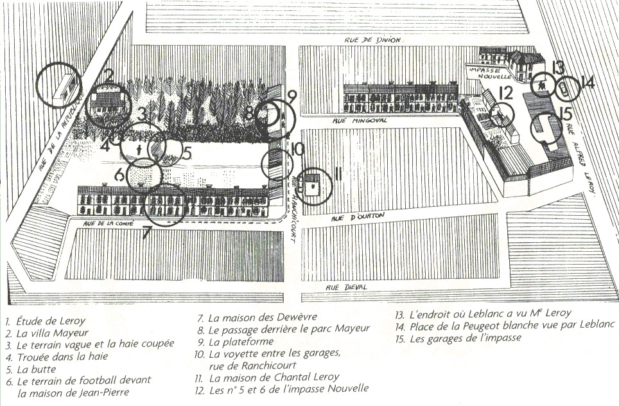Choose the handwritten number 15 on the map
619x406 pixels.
(566, 114)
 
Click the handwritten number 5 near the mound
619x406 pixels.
(187, 153)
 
